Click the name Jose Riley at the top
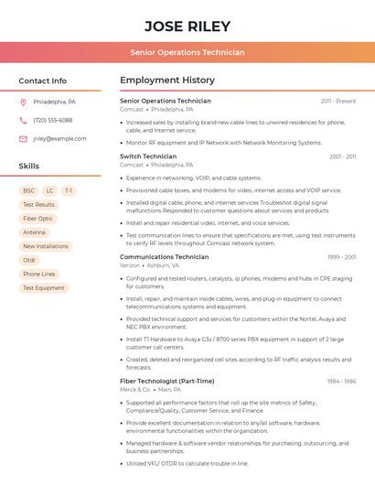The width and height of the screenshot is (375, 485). (x=187, y=27)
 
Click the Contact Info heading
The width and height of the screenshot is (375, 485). (x=42, y=81)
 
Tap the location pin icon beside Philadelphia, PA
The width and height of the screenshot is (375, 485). (x=23, y=102)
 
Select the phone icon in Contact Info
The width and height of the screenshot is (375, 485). (x=23, y=120)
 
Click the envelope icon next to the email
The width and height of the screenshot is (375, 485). (x=23, y=139)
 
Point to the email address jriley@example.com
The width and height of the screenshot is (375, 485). (x=59, y=139)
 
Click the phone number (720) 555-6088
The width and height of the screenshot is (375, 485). (x=52, y=120)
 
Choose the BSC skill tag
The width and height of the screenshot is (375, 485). (x=29, y=191)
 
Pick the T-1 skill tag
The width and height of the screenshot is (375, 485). (x=69, y=191)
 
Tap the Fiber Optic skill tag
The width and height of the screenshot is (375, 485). (x=38, y=219)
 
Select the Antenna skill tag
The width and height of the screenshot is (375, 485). (x=34, y=232)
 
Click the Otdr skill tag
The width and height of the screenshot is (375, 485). (x=29, y=260)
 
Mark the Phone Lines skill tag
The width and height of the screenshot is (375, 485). (x=39, y=274)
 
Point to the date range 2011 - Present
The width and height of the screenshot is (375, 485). (x=337, y=102)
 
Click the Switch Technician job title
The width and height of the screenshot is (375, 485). (x=148, y=156)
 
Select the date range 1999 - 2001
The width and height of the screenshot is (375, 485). (x=341, y=257)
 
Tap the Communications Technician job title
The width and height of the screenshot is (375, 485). (x=165, y=257)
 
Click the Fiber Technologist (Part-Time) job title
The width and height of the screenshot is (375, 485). (x=166, y=381)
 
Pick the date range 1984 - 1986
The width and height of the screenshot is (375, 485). (x=341, y=381)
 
